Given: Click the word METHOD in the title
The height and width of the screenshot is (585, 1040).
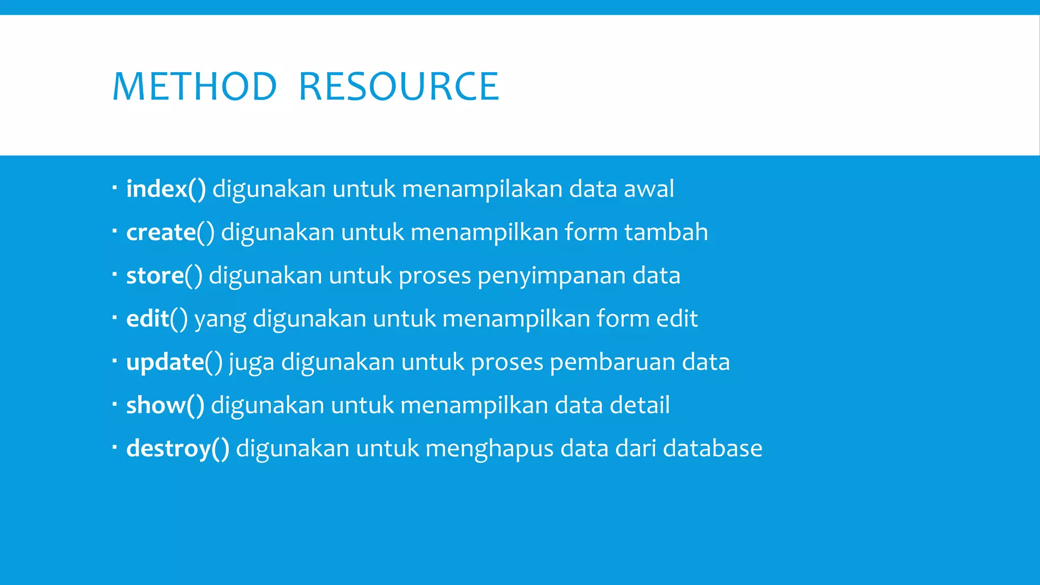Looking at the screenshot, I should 194,87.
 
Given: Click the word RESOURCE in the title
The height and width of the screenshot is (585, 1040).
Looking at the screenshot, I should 399,87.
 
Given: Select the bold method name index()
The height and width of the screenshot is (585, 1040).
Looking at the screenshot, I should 166,189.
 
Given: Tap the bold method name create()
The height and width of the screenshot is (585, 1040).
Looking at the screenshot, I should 170,232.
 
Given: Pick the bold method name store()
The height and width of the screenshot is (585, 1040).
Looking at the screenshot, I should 164,276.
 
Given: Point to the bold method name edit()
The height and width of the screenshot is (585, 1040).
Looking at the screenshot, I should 157,319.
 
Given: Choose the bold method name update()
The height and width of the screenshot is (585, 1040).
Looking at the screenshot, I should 174,362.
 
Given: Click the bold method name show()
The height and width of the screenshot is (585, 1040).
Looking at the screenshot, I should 165,405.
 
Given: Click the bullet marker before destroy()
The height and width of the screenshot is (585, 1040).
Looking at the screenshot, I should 115,447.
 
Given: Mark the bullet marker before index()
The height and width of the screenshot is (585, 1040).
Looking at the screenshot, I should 115,188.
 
